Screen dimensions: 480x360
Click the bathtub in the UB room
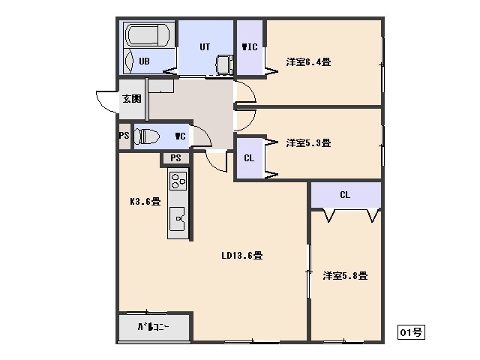pyautogui.click(x=148, y=35)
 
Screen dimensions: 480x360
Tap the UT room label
pyautogui.click(x=205, y=46)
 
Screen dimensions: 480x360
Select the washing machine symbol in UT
pyautogui.click(x=225, y=64)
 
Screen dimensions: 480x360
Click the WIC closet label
pyautogui.click(x=250, y=46)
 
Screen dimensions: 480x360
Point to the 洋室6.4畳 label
pyautogui.click(x=308, y=61)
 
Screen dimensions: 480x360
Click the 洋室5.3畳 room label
pyautogui.click(x=308, y=142)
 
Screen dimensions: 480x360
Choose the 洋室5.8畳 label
pyautogui.click(x=345, y=275)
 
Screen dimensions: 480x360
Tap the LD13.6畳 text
pyautogui.click(x=241, y=255)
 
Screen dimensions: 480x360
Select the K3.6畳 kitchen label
pyautogui.click(x=145, y=202)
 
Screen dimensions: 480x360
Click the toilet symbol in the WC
pyautogui.click(x=147, y=136)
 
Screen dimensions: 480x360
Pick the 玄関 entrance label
pyautogui.click(x=132, y=98)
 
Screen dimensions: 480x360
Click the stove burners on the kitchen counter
pyautogui.click(x=178, y=181)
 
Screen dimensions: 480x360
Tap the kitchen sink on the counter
pyautogui.click(x=178, y=218)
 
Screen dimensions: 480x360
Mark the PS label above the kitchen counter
pyautogui.click(x=175, y=158)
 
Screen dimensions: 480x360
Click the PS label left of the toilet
pyautogui.click(x=124, y=135)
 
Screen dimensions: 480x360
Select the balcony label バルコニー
pyautogui.click(x=153, y=327)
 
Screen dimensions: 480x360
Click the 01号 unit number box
pyautogui.click(x=411, y=331)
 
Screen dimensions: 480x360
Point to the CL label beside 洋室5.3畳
pyautogui.click(x=249, y=158)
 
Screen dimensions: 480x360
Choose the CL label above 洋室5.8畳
pyautogui.click(x=345, y=195)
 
